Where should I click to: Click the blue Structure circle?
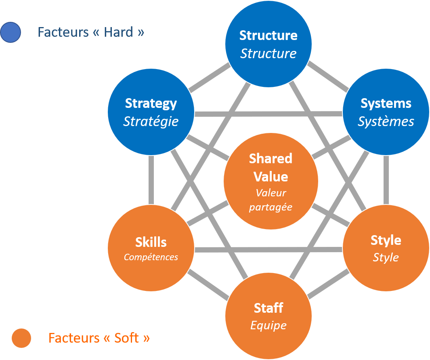click(268, 44)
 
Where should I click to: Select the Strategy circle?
click(151, 112)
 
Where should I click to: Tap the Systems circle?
click(386, 112)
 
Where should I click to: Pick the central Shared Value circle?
click(271, 181)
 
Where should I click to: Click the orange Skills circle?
click(151, 247)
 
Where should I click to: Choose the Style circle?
click(386, 247)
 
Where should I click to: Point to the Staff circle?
click(268, 316)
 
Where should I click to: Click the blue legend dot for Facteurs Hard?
click(10, 32)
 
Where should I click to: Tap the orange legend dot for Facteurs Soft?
click(21, 338)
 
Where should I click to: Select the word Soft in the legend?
click(127, 338)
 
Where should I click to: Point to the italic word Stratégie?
click(151, 121)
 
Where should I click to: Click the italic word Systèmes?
click(386, 121)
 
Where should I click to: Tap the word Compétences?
click(151, 257)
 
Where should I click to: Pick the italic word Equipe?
click(268, 325)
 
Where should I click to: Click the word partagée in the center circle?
click(271, 207)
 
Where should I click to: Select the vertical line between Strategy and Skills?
click(151, 180)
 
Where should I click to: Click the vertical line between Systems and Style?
click(386, 180)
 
